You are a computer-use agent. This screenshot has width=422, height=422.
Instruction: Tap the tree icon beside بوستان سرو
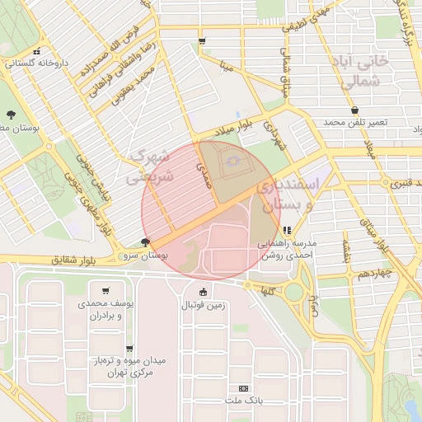146,242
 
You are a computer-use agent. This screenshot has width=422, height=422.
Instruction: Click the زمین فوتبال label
204,306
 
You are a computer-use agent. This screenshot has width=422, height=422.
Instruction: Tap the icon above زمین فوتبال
204,292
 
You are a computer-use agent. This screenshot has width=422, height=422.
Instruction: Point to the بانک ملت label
241,401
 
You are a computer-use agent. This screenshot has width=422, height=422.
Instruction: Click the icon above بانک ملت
242,387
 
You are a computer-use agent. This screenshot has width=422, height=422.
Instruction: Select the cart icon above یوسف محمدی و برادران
105,290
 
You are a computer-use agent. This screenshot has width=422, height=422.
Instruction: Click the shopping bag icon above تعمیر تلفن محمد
354,110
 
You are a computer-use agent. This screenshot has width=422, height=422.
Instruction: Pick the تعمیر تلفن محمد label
354,123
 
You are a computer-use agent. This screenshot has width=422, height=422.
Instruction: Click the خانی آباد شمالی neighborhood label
376,71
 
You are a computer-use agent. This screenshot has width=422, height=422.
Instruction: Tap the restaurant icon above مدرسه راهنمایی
287,231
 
